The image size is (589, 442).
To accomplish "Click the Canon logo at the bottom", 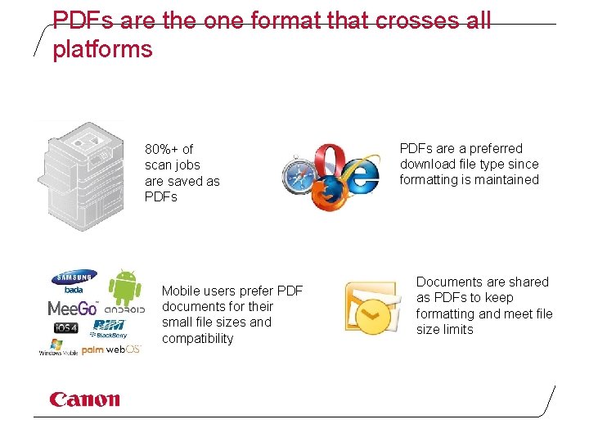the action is click(x=84, y=399).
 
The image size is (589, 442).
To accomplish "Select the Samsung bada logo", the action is click(x=74, y=282).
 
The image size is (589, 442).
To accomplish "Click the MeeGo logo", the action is click(x=73, y=309).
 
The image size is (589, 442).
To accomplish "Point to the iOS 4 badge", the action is click(x=65, y=328).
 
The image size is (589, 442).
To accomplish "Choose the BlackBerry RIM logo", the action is click(x=109, y=329).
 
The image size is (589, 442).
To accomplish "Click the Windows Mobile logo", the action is click(x=58, y=348).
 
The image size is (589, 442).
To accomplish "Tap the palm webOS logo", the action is click(x=111, y=350).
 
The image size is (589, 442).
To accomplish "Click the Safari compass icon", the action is click(x=300, y=175).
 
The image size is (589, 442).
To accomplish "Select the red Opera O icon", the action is click(x=333, y=161).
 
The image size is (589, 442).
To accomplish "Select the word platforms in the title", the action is click(x=102, y=49).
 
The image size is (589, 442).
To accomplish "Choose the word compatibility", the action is click(x=197, y=338).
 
